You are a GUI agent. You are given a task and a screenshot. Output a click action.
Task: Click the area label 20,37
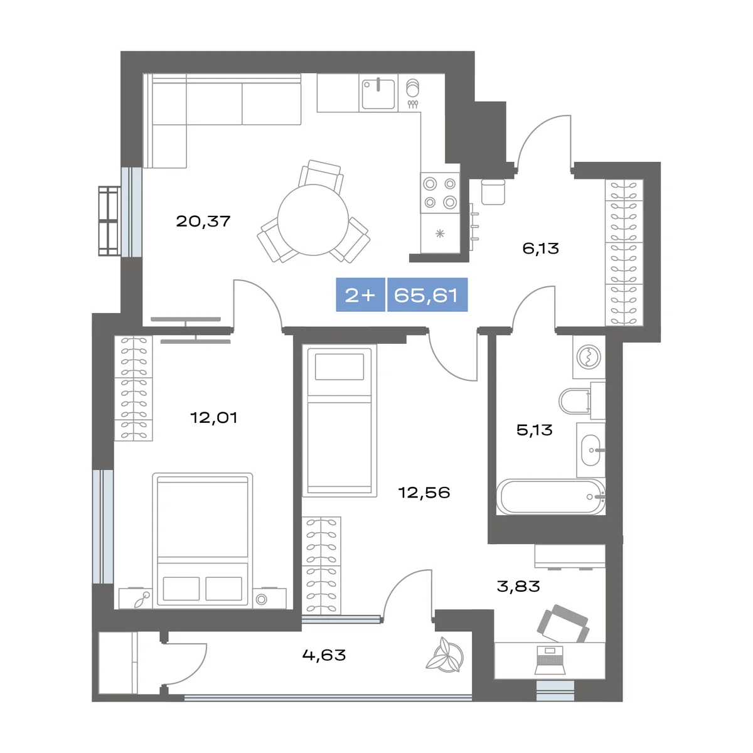[x=203, y=222]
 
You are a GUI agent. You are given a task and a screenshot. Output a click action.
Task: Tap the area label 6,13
[x=540, y=248]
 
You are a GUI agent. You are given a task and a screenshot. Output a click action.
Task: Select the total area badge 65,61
[x=426, y=295]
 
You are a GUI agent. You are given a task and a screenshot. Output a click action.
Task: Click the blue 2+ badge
[x=360, y=295]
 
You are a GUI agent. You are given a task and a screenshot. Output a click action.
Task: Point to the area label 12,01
[x=214, y=418]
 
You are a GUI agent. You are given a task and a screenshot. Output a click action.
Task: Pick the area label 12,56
[x=424, y=493]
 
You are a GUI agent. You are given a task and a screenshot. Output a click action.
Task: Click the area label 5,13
[x=534, y=430]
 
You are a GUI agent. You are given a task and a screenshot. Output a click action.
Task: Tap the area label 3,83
[x=518, y=587]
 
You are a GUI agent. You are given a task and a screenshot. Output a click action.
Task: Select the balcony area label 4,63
[x=324, y=655]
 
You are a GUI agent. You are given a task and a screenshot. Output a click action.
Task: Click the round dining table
[x=313, y=220]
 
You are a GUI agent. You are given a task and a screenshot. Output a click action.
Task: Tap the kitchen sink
[x=378, y=93]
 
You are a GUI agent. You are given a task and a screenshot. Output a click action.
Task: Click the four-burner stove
[x=440, y=193]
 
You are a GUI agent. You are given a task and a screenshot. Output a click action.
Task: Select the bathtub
[x=550, y=497]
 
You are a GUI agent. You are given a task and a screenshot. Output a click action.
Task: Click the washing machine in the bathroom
[x=589, y=357]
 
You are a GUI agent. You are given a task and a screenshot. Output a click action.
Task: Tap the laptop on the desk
[x=550, y=660]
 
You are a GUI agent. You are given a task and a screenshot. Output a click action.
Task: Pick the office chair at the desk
[x=563, y=624]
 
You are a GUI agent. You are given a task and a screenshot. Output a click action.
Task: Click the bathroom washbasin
[x=590, y=450]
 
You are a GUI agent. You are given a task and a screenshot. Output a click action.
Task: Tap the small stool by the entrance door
[x=493, y=192]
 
